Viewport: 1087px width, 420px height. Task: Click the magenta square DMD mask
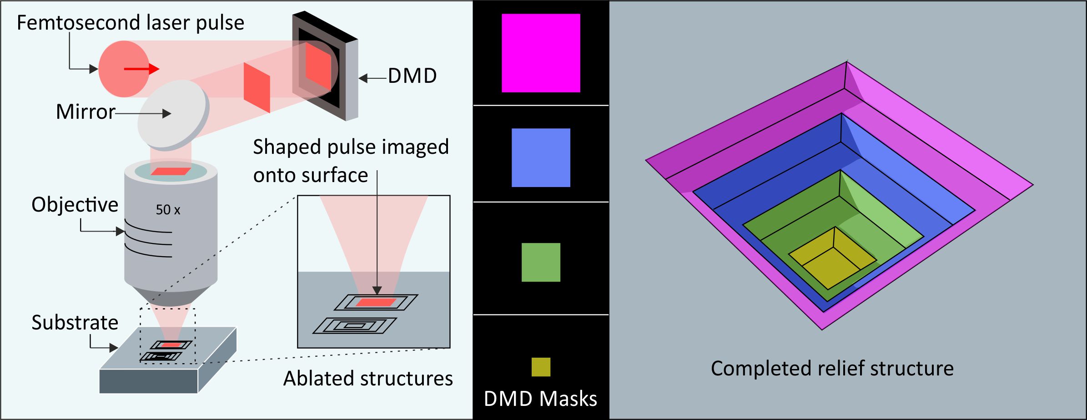point(541,53)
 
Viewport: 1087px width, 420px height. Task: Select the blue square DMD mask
point(541,157)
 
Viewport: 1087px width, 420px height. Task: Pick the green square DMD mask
point(541,262)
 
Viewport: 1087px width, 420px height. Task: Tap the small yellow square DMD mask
point(541,367)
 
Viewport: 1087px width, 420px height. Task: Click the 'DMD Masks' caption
point(540,399)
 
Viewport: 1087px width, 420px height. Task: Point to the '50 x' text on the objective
point(168,210)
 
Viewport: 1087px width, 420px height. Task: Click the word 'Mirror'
point(86,112)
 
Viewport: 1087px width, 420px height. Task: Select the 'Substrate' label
point(75,323)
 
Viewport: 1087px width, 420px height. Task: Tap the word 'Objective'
point(75,205)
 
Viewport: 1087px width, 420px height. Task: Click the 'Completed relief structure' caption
point(832,369)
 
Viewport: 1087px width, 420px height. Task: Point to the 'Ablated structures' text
point(368,379)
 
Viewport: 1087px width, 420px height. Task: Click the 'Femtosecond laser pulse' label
point(131,23)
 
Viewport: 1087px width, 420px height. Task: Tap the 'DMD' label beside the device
point(412,76)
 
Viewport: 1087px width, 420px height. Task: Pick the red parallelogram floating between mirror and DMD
point(257,87)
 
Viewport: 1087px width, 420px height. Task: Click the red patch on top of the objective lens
point(171,172)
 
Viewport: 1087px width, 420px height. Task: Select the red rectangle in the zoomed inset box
point(375,302)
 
